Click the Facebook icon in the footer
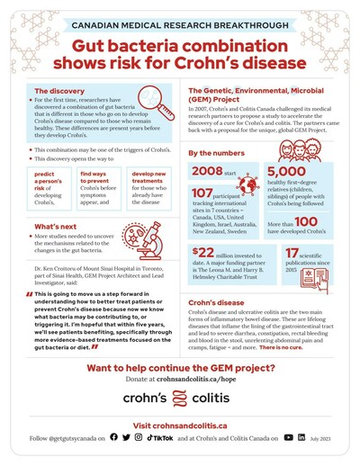[x=113, y=437]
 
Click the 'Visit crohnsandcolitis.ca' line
[x=180, y=424]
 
